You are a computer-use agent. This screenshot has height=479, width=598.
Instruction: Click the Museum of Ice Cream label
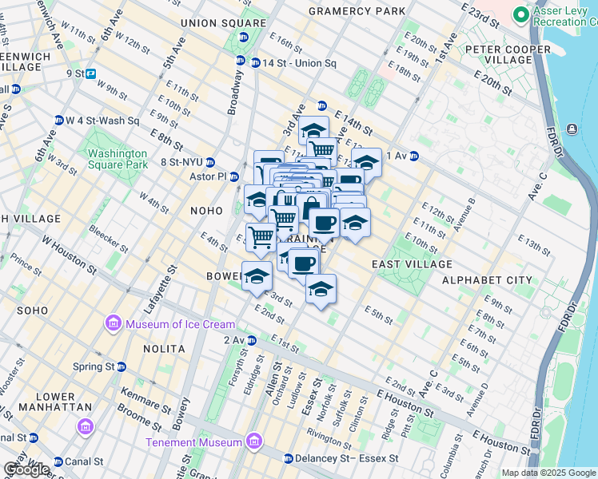[181, 324]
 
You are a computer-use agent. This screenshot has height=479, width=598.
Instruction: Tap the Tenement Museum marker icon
[254, 441]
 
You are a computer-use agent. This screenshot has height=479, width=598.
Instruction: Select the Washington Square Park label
[118, 159]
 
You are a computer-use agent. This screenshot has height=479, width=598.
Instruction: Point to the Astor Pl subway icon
[235, 176]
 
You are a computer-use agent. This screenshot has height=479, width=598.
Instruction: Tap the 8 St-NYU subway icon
[210, 162]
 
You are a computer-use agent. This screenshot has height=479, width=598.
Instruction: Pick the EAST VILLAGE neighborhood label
[412, 263]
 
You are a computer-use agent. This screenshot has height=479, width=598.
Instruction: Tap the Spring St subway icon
[122, 367]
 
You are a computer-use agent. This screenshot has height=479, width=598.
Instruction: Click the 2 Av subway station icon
[252, 340]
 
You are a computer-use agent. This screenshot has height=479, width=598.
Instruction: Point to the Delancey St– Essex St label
[349, 458]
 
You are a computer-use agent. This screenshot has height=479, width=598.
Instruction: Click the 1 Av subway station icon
[414, 156]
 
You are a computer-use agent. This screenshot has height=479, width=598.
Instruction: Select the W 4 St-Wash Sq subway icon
[59, 121]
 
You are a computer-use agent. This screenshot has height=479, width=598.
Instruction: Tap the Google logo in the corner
[26, 469]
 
